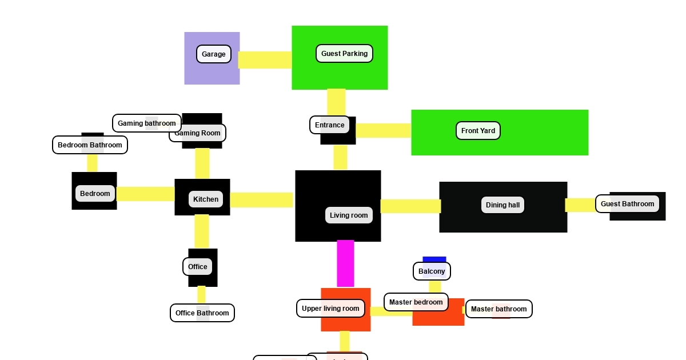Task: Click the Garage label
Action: click(x=214, y=54)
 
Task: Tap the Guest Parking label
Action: click(x=344, y=54)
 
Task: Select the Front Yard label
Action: click(x=478, y=131)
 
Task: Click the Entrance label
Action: click(x=330, y=125)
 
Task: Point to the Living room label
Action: click(x=349, y=215)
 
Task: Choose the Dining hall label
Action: click(x=502, y=205)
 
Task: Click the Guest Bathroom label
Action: click(x=627, y=204)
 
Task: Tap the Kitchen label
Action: click(x=206, y=199)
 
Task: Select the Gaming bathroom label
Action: click(x=147, y=123)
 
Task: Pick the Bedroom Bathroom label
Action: click(x=90, y=145)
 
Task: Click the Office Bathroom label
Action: click(x=202, y=313)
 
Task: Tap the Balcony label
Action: click(x=432, y=271)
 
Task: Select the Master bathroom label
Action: click(x=498, y=309)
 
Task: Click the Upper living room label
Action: click(x=330, y=309)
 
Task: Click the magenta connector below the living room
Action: click(x=345, y=263)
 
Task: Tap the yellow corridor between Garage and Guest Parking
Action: click(x=265, y=60)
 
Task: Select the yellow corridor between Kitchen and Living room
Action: click(x=262, y=200)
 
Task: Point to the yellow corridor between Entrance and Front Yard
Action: click(x=383, y=131)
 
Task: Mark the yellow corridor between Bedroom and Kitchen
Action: click(x=146, y=194)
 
